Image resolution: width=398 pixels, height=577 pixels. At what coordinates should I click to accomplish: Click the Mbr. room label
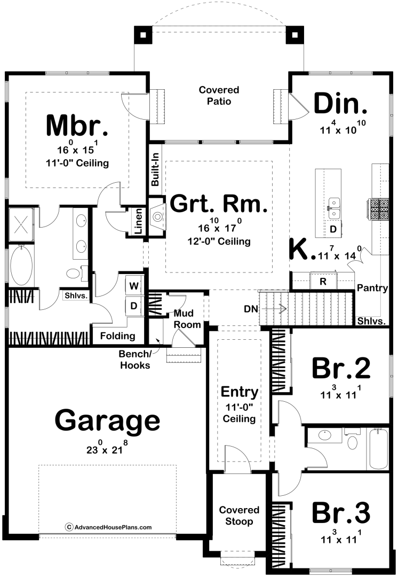point(77,126)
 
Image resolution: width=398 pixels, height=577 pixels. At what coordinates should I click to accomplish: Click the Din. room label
point(340,104)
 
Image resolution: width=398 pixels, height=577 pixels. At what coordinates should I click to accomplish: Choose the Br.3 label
point(341,512)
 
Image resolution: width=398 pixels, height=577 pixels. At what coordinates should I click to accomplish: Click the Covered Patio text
point(219,95)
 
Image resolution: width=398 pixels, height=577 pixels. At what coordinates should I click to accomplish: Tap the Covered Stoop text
point(239,516)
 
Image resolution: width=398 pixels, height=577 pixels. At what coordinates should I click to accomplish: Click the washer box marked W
point(134,286)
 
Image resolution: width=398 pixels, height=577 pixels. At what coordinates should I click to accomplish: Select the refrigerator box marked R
point(323,282)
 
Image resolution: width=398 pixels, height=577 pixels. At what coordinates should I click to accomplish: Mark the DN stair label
point(251,309)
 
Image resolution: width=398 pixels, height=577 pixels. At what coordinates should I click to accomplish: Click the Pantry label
point(372,288)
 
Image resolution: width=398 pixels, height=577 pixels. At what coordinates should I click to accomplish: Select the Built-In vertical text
point(155,169)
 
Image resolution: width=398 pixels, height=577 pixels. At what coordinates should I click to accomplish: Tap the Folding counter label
point(117,336)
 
